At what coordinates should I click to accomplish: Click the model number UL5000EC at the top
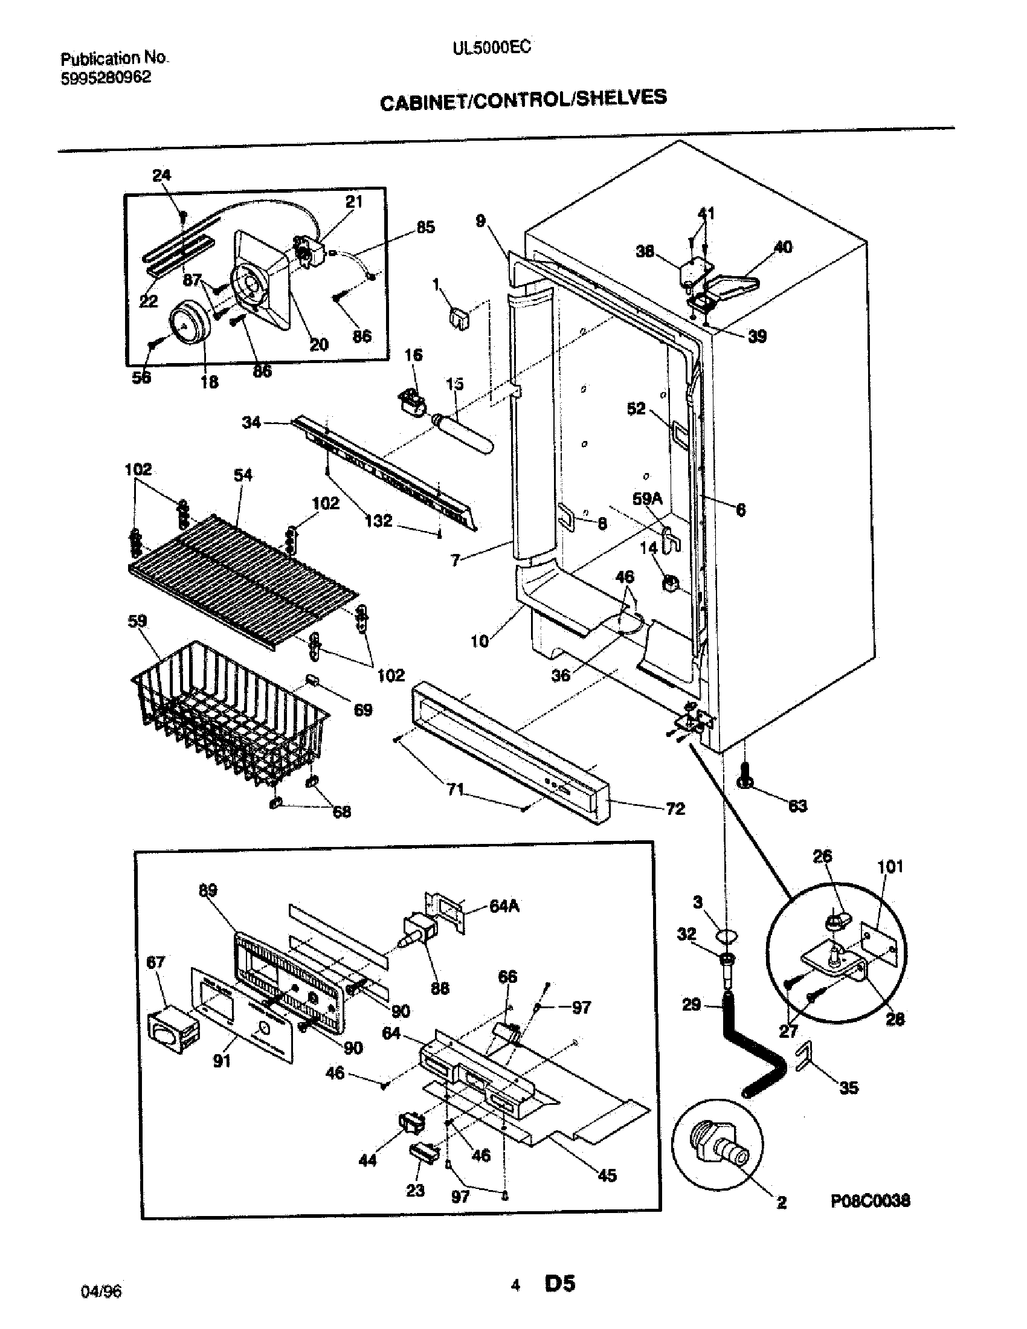[x=491, y=48]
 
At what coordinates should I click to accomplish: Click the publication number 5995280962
[x=106, y=78]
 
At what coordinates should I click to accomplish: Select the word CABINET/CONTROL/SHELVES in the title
[x=523, y=100]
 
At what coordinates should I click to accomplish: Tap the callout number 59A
[x=647, y=499]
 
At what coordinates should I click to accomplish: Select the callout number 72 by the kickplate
[x=675, y=809]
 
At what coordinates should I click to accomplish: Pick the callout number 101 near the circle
[x=890, y=866]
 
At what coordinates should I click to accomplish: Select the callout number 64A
[x=504, y=906]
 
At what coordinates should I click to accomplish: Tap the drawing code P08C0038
[x=870, y=1200]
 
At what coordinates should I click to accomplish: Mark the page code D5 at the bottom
[x=560, y=1283]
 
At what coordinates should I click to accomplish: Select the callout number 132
[x=378, y=521]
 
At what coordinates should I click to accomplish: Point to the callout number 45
[x=607, y=1175]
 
